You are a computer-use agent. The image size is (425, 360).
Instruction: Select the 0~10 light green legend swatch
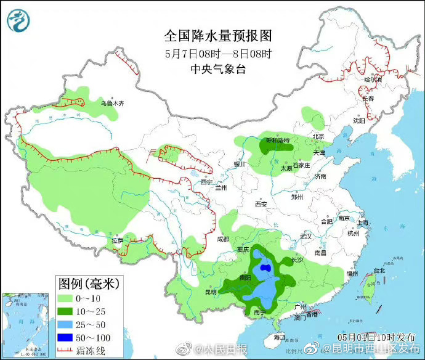[x=66, y=298]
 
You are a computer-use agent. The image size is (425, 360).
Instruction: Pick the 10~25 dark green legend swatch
[x=66, y=311]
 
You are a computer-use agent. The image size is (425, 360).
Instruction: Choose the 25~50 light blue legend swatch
[x=66, y=325]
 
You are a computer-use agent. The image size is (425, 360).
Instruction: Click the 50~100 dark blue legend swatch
[x=66, y=338]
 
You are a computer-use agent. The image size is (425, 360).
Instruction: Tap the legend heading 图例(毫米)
[x=90, y=284]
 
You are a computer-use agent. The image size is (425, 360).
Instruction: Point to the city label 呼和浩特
[x=277, y=141]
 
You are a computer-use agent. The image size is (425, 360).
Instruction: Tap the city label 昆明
[x=211, y=292]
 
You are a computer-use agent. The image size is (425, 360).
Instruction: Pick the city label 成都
[x=222, y=239]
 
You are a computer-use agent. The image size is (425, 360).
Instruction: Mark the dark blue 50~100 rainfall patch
[x=265, y=269]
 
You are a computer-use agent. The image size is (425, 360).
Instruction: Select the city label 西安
[x=261, y=203]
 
